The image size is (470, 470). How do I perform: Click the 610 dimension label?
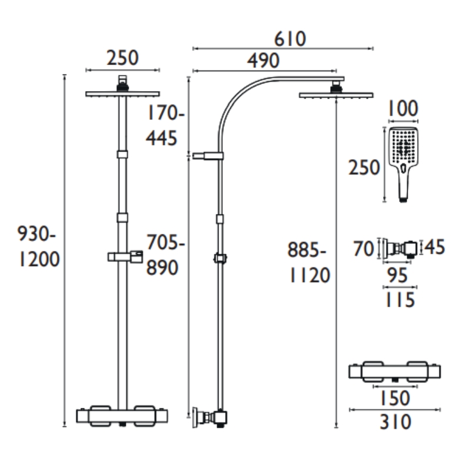(x=290, y=39)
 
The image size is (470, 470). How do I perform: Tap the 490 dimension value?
(x=263, y=61)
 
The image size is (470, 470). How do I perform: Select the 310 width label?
(x=395, y=422)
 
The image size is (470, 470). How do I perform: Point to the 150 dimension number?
(x=395, y=398)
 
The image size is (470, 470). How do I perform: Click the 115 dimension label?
(x=399, y=300)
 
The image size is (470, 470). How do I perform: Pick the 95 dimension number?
(x=398, y=275)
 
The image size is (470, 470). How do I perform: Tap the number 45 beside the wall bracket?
(x=435, y=247)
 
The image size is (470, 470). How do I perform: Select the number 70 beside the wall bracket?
(x=364, y=249)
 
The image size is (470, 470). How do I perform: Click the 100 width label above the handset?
(x=402, y=109)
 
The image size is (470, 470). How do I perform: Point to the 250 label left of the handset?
(x=364, y=167)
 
